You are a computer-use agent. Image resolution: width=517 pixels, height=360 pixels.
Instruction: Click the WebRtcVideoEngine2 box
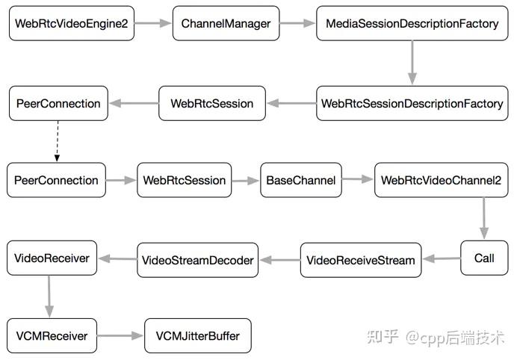coord(72,24)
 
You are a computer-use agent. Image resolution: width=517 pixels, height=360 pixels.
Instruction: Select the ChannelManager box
coord(226,24)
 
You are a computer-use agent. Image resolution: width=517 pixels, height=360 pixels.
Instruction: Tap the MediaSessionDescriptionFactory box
coord(412,24)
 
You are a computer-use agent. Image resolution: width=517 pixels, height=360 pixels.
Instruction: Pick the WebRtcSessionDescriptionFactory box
coord(412,104)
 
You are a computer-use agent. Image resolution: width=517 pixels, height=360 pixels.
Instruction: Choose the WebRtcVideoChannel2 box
coord(441,180)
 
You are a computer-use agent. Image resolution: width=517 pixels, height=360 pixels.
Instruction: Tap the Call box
coord(484,258)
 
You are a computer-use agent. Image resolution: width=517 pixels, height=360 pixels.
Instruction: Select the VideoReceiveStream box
coord(360,261)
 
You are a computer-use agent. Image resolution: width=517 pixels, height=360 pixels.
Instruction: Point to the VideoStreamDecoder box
coord(197,261)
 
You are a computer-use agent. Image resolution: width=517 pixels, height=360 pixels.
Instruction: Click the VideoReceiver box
coord(52,258)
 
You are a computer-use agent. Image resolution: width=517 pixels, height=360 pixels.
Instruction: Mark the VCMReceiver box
coord(52,336)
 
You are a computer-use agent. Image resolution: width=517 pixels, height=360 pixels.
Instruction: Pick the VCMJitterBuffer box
coord(197,336)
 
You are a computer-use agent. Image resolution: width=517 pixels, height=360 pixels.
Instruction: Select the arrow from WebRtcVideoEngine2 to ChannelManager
coord(154,24)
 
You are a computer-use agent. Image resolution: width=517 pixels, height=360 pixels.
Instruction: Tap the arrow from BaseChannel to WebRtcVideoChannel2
coord(357,180)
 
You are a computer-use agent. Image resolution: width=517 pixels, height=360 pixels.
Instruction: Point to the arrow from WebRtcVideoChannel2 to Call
coord(484,217)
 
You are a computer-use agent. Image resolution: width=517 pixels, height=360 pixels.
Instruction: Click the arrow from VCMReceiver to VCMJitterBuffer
coord(120,336)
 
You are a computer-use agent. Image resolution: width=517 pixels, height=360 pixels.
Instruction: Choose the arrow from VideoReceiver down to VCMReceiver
coord(50,297)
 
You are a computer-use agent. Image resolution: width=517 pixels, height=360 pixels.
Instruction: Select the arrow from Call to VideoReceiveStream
coord(441,259)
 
